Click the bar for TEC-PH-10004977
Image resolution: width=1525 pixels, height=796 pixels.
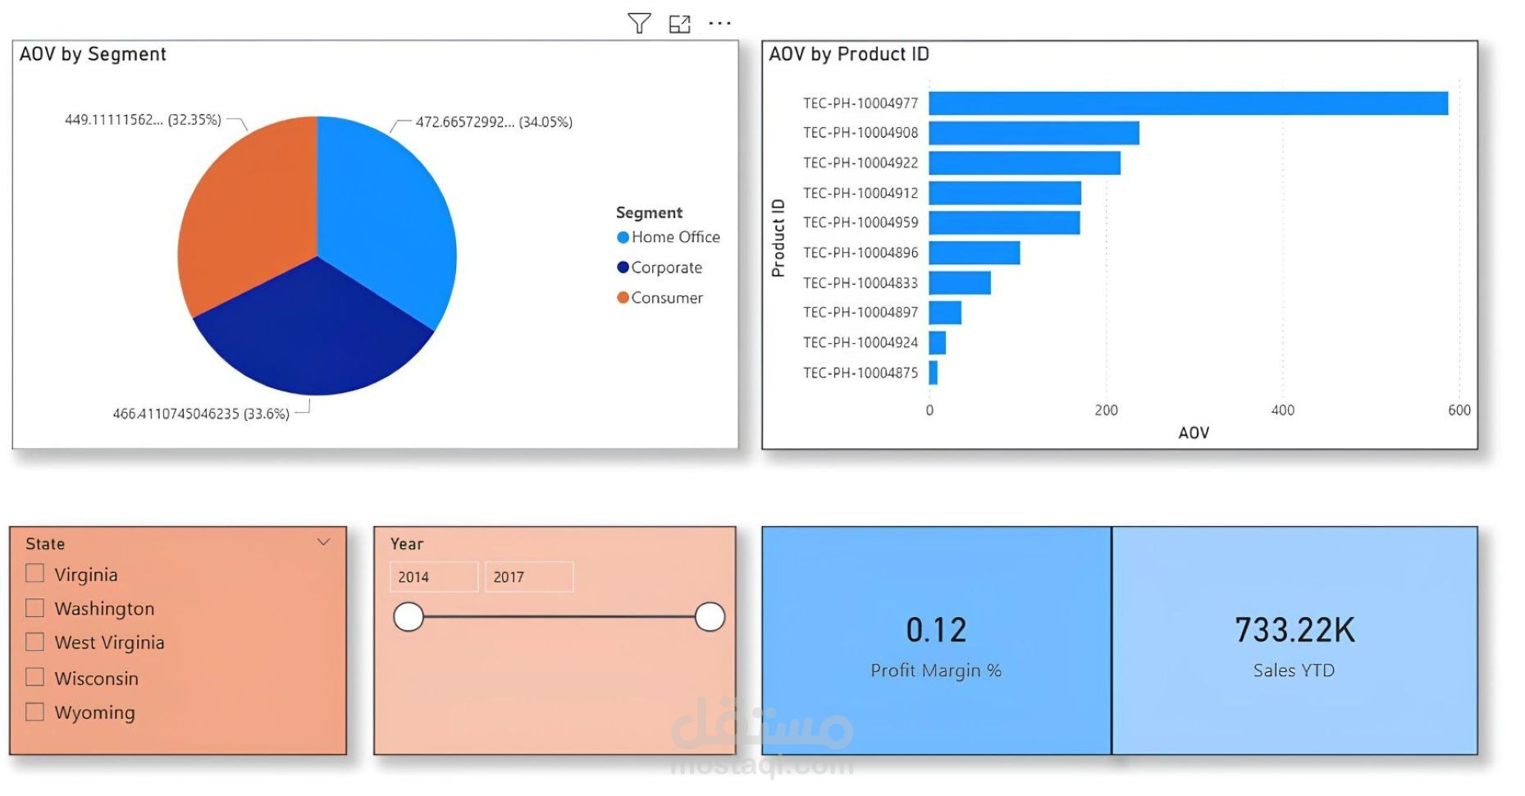[x=1188, y=103]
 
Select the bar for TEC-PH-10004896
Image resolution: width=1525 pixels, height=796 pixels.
[x=975, y=253]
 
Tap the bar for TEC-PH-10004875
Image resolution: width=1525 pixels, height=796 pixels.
[x=934, y=373]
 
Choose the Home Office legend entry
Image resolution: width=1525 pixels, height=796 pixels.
[x=668, y=237]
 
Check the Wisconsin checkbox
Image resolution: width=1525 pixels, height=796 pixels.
[x=34, y=677]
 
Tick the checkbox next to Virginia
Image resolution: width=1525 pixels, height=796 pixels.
[x=34, y=573]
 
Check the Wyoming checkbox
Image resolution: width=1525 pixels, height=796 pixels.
[x=34, y=711]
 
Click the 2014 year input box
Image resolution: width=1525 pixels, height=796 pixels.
[x=433, y=577]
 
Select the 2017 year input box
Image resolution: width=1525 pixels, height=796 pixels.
[x=528, y=577]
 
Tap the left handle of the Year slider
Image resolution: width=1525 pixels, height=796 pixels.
[x=409, y=617]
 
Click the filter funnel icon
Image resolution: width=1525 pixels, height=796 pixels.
[x=639, y=23]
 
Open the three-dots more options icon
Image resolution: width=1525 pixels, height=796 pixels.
[x=719, y=23]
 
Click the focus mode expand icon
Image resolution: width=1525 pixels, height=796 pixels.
[x=679, y=24]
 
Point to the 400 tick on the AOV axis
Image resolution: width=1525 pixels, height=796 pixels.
[x=1282, y=410]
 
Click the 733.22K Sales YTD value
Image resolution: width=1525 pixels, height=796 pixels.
[x=1294, y=630]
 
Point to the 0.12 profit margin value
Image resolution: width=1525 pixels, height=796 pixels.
[x=936, y=630]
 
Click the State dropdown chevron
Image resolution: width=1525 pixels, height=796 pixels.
[x=324, y=542]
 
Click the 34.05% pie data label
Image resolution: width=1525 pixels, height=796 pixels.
[x=494, y=122]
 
